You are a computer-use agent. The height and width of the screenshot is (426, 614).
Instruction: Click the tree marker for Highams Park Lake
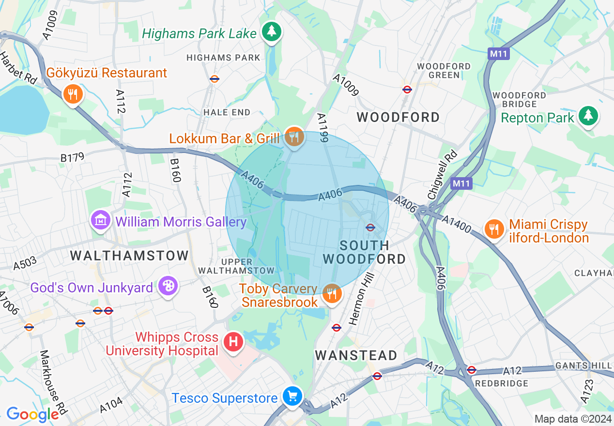pos(272,32)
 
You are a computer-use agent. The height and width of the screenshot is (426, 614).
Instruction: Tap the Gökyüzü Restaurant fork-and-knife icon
pos(73,94)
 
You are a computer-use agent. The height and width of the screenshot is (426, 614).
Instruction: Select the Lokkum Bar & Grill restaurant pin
pos(294,137)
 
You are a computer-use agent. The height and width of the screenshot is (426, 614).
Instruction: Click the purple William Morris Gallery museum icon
pos(100,221)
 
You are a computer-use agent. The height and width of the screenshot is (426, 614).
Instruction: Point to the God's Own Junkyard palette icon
pos(168,286)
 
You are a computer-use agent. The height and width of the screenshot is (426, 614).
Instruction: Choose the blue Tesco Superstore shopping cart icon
pos(292,397)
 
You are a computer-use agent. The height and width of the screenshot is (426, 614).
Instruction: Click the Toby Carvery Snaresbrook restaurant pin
pos(332,293)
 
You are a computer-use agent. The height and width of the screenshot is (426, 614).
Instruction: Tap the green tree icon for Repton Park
pos(588,116)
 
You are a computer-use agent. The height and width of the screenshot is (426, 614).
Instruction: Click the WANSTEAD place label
pos(356,356)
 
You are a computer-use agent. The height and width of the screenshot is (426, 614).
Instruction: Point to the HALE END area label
pos(227,112)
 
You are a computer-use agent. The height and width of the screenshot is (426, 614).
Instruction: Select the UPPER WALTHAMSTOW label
pos(247,266)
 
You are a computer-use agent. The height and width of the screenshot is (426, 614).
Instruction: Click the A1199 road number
pos(323,128)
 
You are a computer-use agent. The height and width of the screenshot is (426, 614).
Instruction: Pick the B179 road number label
pos(72,157)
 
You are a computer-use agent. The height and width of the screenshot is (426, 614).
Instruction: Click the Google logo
pos(32,414)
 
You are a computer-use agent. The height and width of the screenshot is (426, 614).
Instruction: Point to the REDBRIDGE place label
pos(501,383)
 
